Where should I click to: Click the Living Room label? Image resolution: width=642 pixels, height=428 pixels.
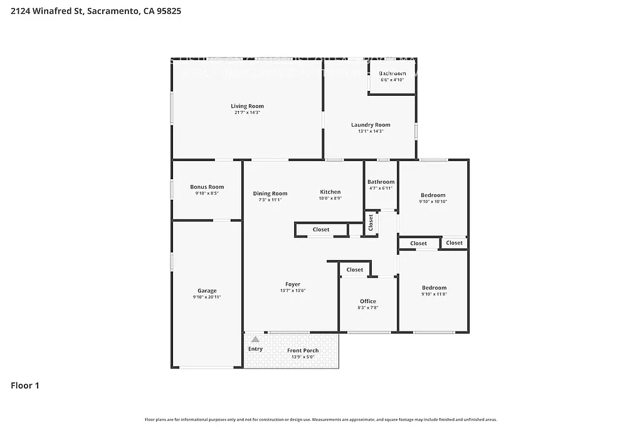coord(247,107)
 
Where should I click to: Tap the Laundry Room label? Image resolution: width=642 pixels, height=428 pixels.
coord(371,125)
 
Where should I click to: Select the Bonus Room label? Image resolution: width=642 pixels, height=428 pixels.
coord(207,187)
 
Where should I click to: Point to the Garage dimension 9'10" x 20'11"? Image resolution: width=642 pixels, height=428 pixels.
coord(207,297)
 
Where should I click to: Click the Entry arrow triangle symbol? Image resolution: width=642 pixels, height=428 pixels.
coord(255,339)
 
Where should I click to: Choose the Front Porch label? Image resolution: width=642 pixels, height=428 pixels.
coord(303,351)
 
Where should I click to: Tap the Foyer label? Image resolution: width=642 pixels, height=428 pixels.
coord(293,284)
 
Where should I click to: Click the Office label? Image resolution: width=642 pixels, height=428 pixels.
coord(368,301)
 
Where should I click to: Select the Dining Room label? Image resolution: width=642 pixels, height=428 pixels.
coord(270,194)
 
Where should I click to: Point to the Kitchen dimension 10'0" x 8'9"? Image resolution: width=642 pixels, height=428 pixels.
coord(330,199)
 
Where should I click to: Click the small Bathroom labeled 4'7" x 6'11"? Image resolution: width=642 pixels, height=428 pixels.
coord(381,182)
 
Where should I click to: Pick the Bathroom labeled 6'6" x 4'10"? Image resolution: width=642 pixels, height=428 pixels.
coord(392,74)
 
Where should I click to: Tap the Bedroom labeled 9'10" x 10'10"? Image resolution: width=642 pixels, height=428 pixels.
coord(433,196)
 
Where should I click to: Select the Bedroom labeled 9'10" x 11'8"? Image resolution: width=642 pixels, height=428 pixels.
coord(434,288)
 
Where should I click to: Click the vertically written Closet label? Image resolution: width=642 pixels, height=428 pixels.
coord(371,222)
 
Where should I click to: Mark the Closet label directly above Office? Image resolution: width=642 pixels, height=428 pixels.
coord(355,270)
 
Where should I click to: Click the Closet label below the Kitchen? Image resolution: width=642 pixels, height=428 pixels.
coord(321,230)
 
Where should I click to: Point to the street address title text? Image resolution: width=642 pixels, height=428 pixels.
coord(92,11)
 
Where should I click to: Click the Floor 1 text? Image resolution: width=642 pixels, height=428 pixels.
coord(25,386)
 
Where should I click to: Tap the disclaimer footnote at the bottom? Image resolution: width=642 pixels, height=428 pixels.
coord(321,419)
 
